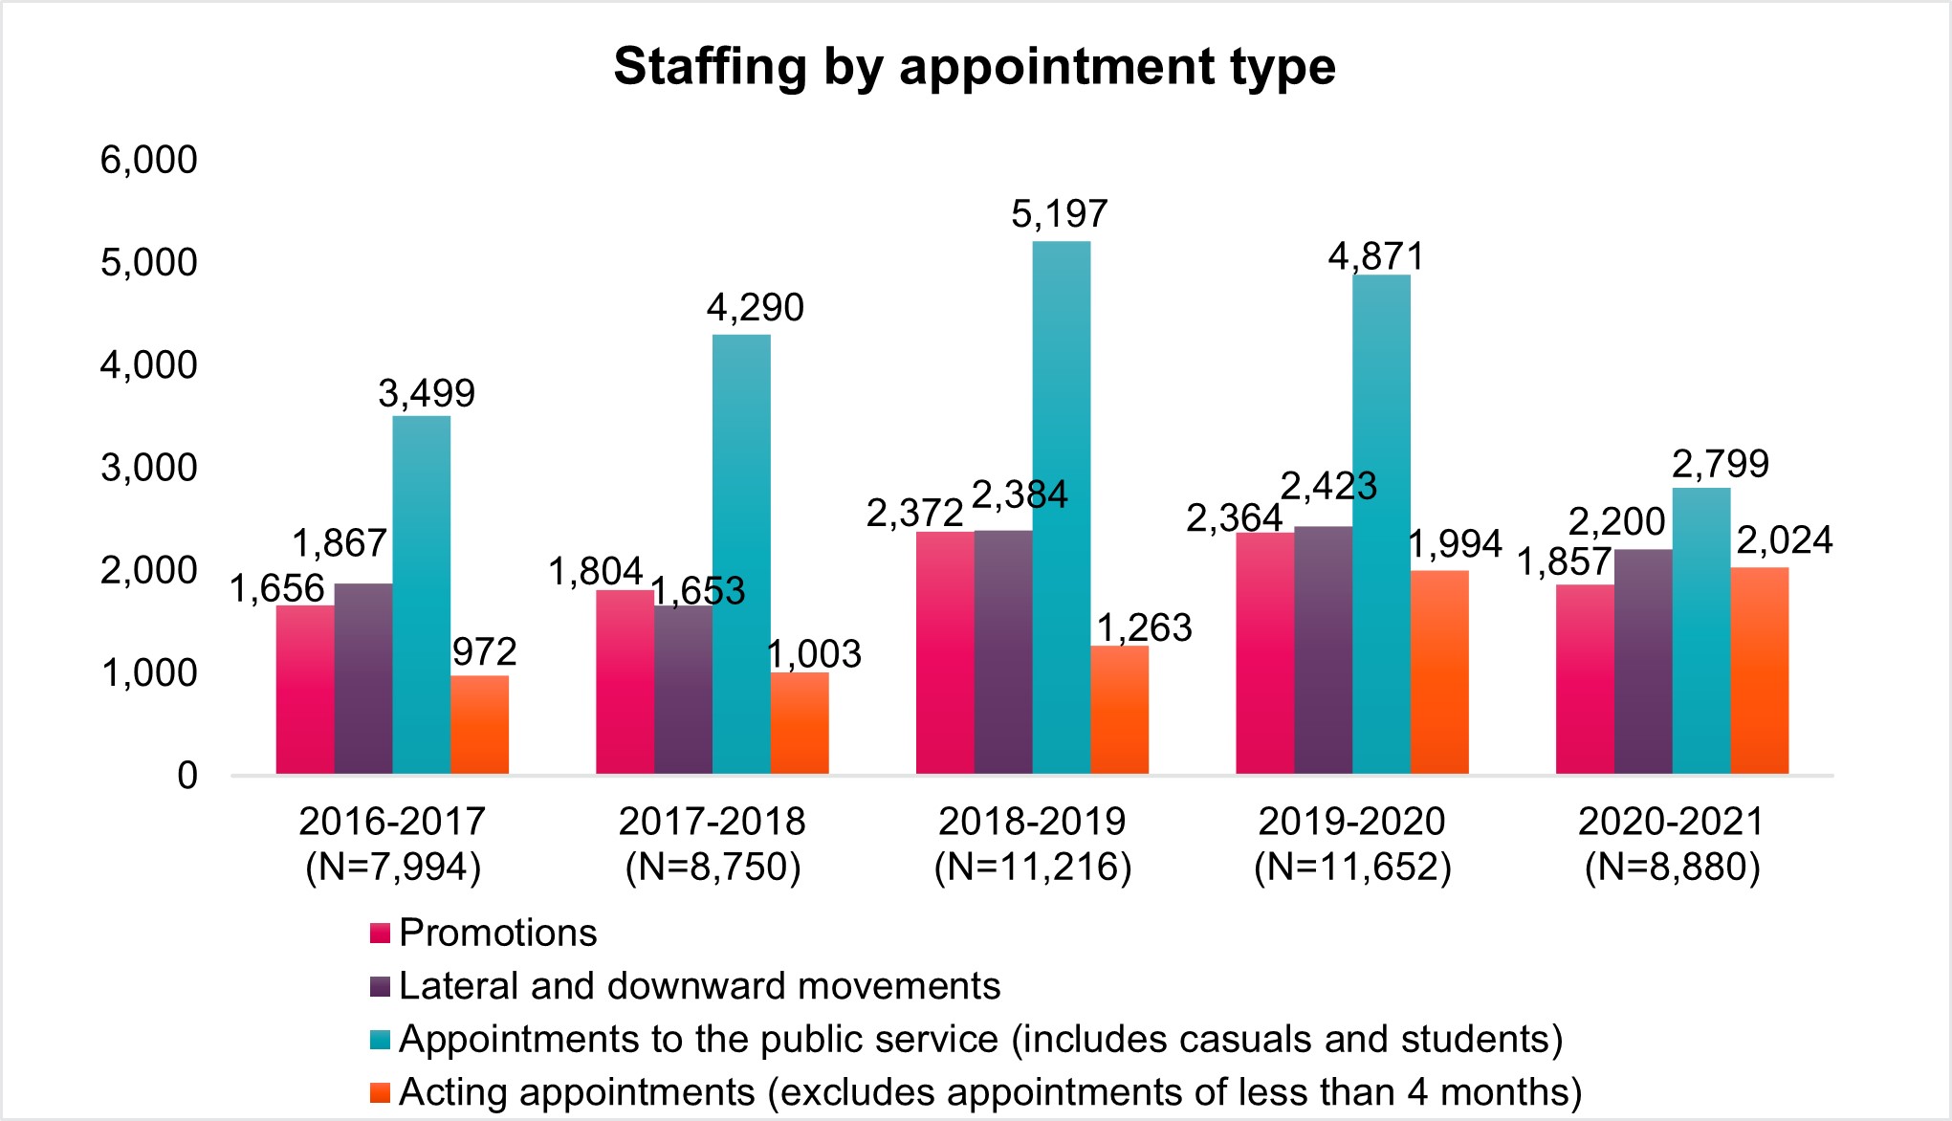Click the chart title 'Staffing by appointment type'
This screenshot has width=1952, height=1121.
coord(974,67)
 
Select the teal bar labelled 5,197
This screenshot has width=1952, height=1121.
coord(1061,507)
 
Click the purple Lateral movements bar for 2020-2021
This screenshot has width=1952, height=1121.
coord(1642,661)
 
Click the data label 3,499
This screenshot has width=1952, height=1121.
coord(427,393)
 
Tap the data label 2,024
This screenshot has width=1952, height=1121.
coord(1784,540)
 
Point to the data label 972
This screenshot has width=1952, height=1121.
coord(484,652)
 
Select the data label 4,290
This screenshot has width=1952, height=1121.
coord(755,307)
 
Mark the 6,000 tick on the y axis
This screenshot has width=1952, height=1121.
coord(149,160)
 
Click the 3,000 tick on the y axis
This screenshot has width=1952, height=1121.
coord(149,468)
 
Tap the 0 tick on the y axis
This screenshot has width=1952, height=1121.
coord(187,775)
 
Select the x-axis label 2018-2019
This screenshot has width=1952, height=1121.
coord(1032,821)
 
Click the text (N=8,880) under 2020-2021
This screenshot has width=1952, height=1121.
coord(1672,867)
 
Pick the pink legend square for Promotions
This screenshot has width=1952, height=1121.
coord(380,934)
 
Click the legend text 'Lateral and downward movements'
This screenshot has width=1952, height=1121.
coord(699,986)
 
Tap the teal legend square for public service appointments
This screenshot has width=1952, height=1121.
coord(380,1040)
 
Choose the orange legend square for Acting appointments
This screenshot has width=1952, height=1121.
coord(380,1092)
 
